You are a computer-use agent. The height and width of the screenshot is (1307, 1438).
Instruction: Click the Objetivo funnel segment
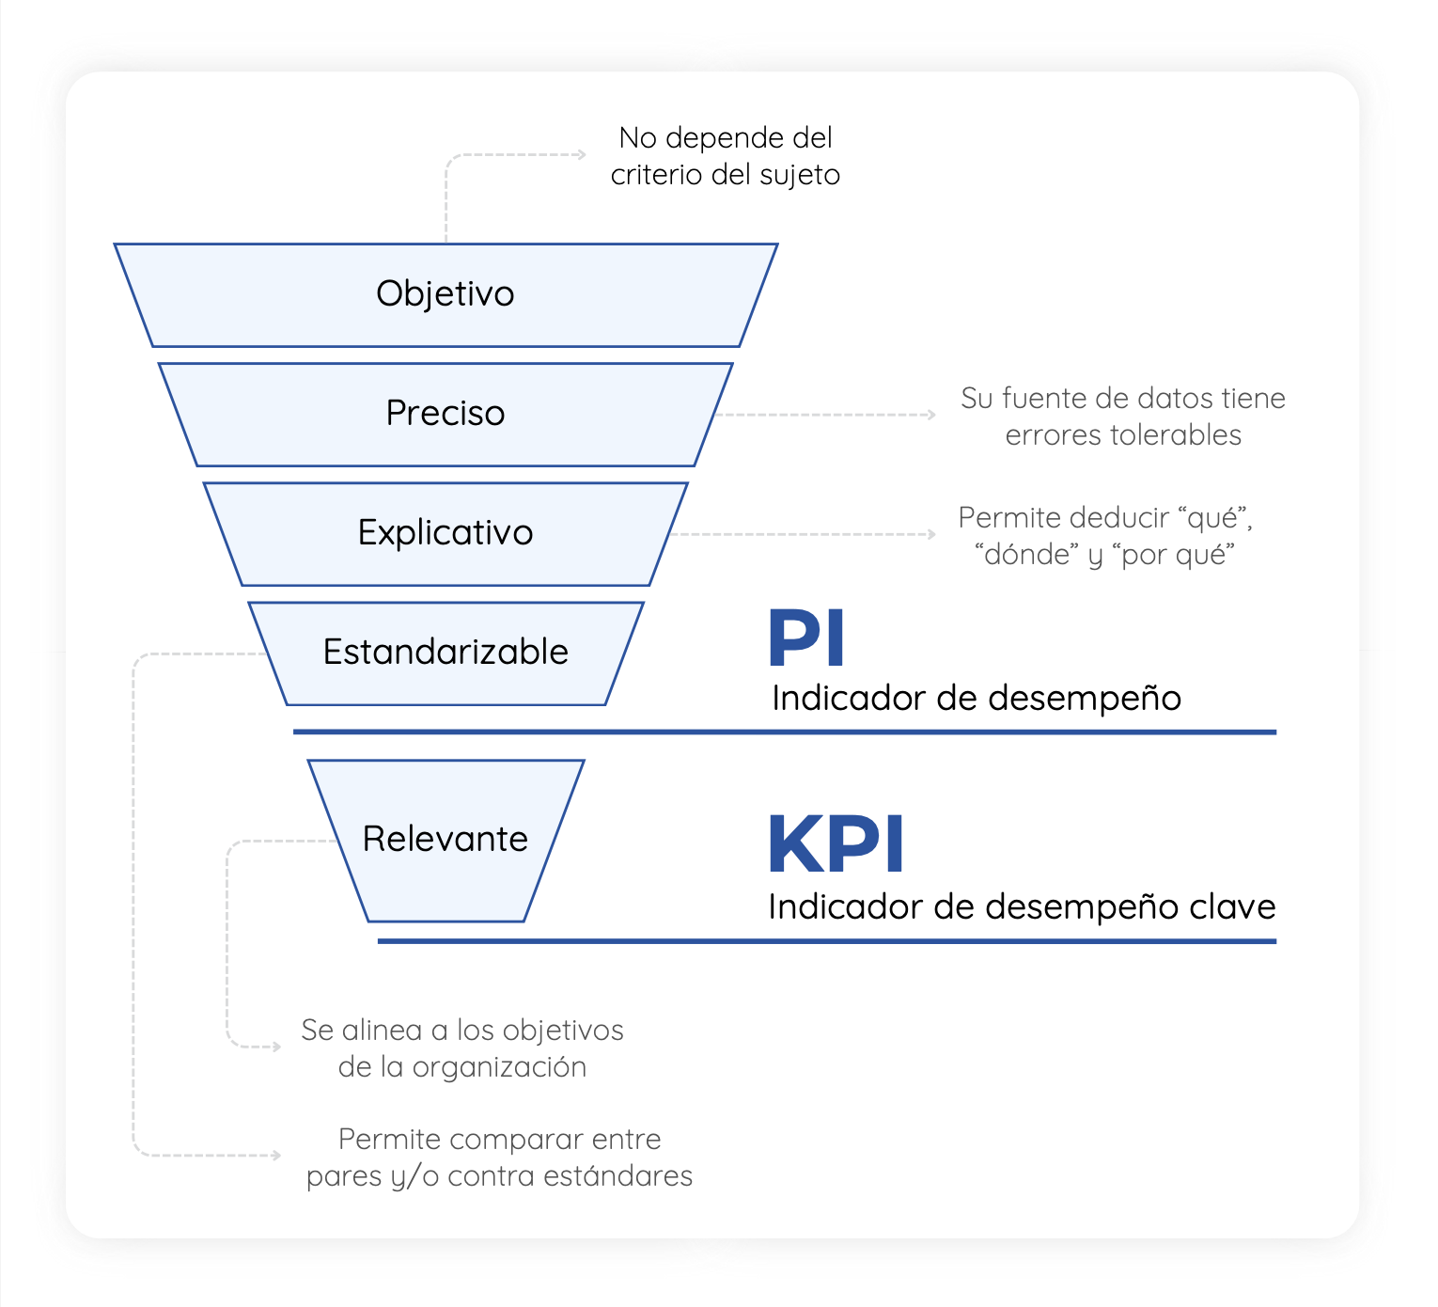(445, 295)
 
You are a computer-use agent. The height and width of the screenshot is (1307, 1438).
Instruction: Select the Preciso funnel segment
(445, 415)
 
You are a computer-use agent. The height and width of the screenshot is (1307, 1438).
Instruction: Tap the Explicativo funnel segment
(445, 534)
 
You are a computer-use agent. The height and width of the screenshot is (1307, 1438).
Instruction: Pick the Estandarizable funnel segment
(445, 653)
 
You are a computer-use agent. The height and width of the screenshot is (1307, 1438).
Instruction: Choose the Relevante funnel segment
(445, 841)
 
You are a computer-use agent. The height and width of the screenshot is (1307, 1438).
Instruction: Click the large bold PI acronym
(805, 637)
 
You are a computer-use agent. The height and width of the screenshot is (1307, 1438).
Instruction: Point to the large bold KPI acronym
(836, 843)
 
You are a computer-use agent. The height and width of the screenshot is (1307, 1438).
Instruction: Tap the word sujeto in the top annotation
(800, 176)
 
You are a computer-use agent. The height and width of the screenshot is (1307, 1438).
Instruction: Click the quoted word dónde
(1026, 555)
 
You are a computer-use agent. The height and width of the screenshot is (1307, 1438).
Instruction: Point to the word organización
(499, 1068)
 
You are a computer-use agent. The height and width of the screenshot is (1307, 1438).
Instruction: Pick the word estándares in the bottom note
(617, 1176)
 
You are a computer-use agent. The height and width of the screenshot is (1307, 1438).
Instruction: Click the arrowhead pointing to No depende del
(582, 154)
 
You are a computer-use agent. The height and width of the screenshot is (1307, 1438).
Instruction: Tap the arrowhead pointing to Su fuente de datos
(931, 415)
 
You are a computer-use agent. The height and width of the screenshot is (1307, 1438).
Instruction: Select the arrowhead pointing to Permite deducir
(931, 534)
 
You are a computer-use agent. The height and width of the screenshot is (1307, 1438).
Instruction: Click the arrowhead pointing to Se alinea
(276, 1047)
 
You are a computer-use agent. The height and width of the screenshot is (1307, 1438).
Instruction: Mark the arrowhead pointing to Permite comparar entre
(276, 1156)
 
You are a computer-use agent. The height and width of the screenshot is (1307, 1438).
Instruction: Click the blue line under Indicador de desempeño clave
(827, 941)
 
